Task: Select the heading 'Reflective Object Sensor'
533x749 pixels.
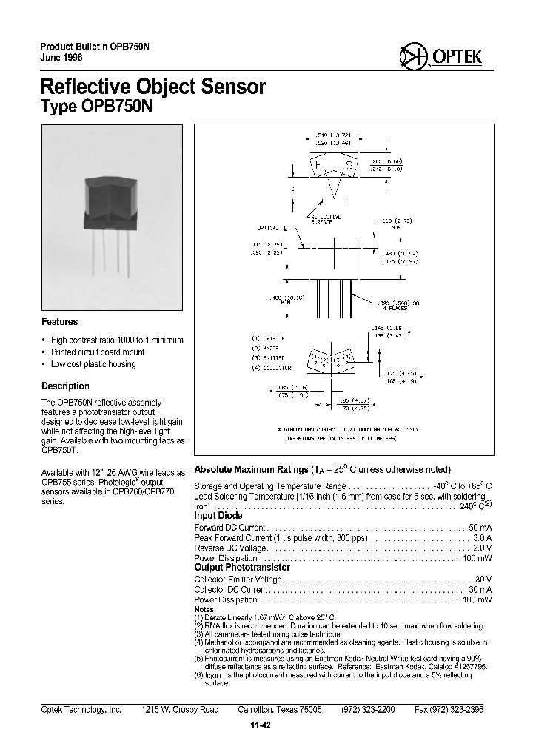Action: [152, 87]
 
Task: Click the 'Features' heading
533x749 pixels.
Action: [60, 322]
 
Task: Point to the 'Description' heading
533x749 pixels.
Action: [65, 386]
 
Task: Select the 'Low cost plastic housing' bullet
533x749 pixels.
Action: [93, 364]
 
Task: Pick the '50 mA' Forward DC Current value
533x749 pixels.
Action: [480, 527]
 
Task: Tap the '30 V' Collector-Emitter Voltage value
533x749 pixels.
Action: [483, 580]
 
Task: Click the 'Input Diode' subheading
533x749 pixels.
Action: [218, 516]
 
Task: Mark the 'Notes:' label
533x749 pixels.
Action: [205, 609]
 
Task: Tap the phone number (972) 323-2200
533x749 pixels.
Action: [368, 709]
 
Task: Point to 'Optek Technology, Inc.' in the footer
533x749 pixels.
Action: [81, 709]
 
